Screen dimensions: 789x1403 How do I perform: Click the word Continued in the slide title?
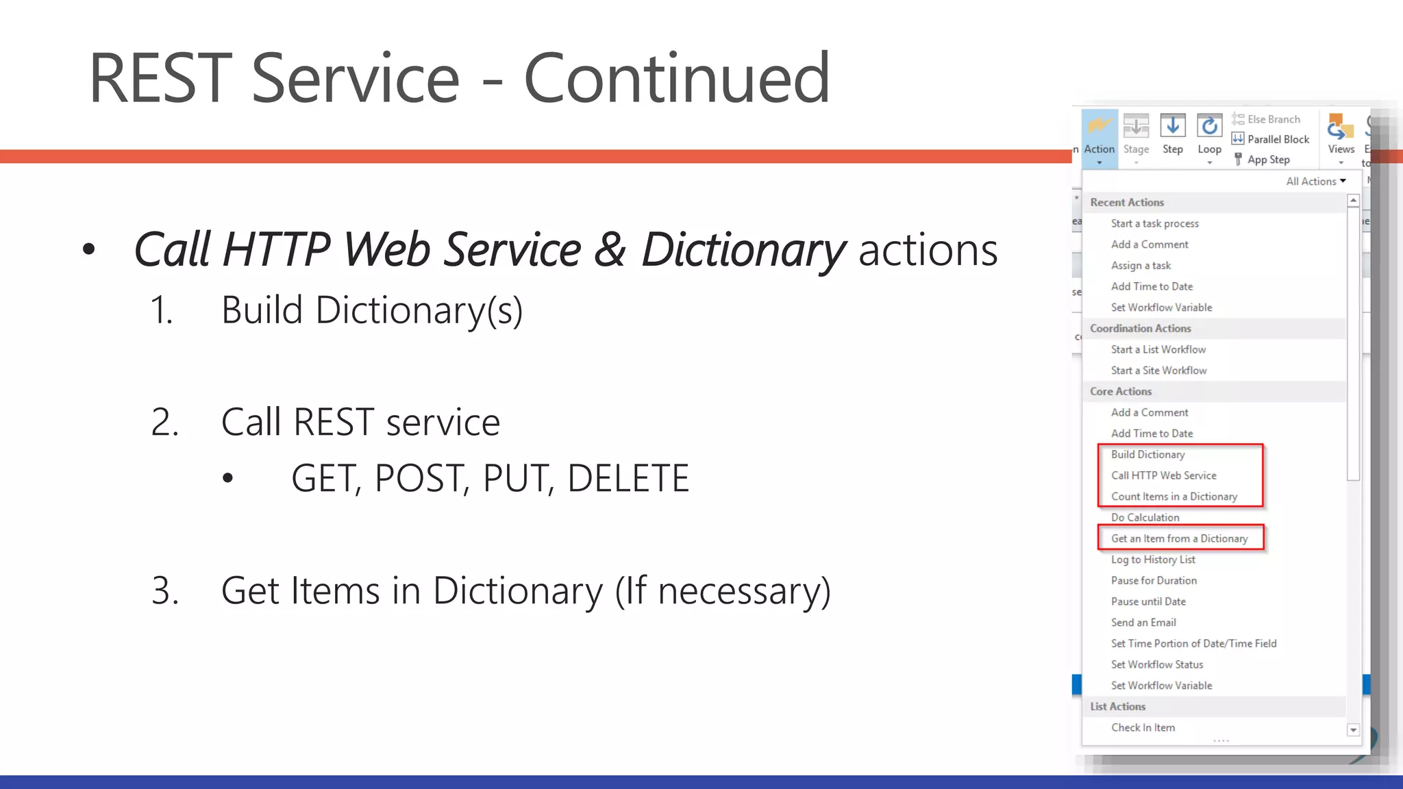(676, 79)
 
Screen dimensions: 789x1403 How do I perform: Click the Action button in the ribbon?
(1099, 137)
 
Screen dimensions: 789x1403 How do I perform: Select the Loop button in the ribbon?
(1209, 136)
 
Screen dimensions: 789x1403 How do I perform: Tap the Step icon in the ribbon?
(1172, 127)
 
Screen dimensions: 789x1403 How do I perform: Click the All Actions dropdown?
(1315, 181)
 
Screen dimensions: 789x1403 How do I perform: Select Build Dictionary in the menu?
(1147, 455)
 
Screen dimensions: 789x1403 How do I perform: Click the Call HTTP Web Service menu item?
(1163, 475)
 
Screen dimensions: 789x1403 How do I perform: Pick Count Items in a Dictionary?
(1174, 497)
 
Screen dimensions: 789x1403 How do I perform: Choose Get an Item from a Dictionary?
(1179, 538)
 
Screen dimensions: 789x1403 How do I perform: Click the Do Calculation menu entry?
(1145, 518)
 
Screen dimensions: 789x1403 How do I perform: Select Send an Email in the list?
(1143, 623)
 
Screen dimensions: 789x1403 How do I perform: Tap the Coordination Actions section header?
(1140, 329)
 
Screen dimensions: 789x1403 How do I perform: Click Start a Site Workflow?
(1158, 371)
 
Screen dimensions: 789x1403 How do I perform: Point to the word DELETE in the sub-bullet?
(628, 478)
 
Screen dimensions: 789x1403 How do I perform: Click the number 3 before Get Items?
(165, 590)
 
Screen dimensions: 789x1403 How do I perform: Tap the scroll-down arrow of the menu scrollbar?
(1353, 730)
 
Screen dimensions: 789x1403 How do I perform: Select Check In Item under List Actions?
(1143, 727)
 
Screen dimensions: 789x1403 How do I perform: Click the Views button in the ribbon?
(1340, 137)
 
